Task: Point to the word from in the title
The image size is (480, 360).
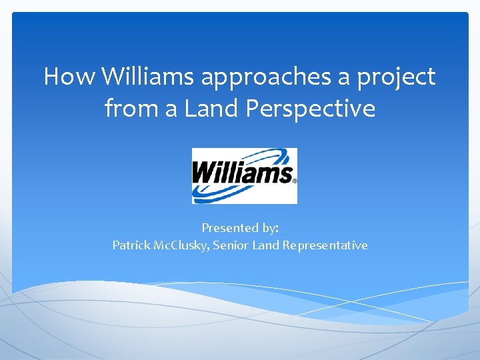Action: (x=128, y=108)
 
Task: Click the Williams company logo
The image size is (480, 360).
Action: (x=244, y=175)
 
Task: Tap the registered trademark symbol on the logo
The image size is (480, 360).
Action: (x=295, y=181)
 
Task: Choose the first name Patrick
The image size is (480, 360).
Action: (x=131, y=245)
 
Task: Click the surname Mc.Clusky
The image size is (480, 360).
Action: (x=182, y=246)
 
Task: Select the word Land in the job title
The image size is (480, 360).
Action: (x=267, y=245)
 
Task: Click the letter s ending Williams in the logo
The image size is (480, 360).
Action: (x=285, y=175)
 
